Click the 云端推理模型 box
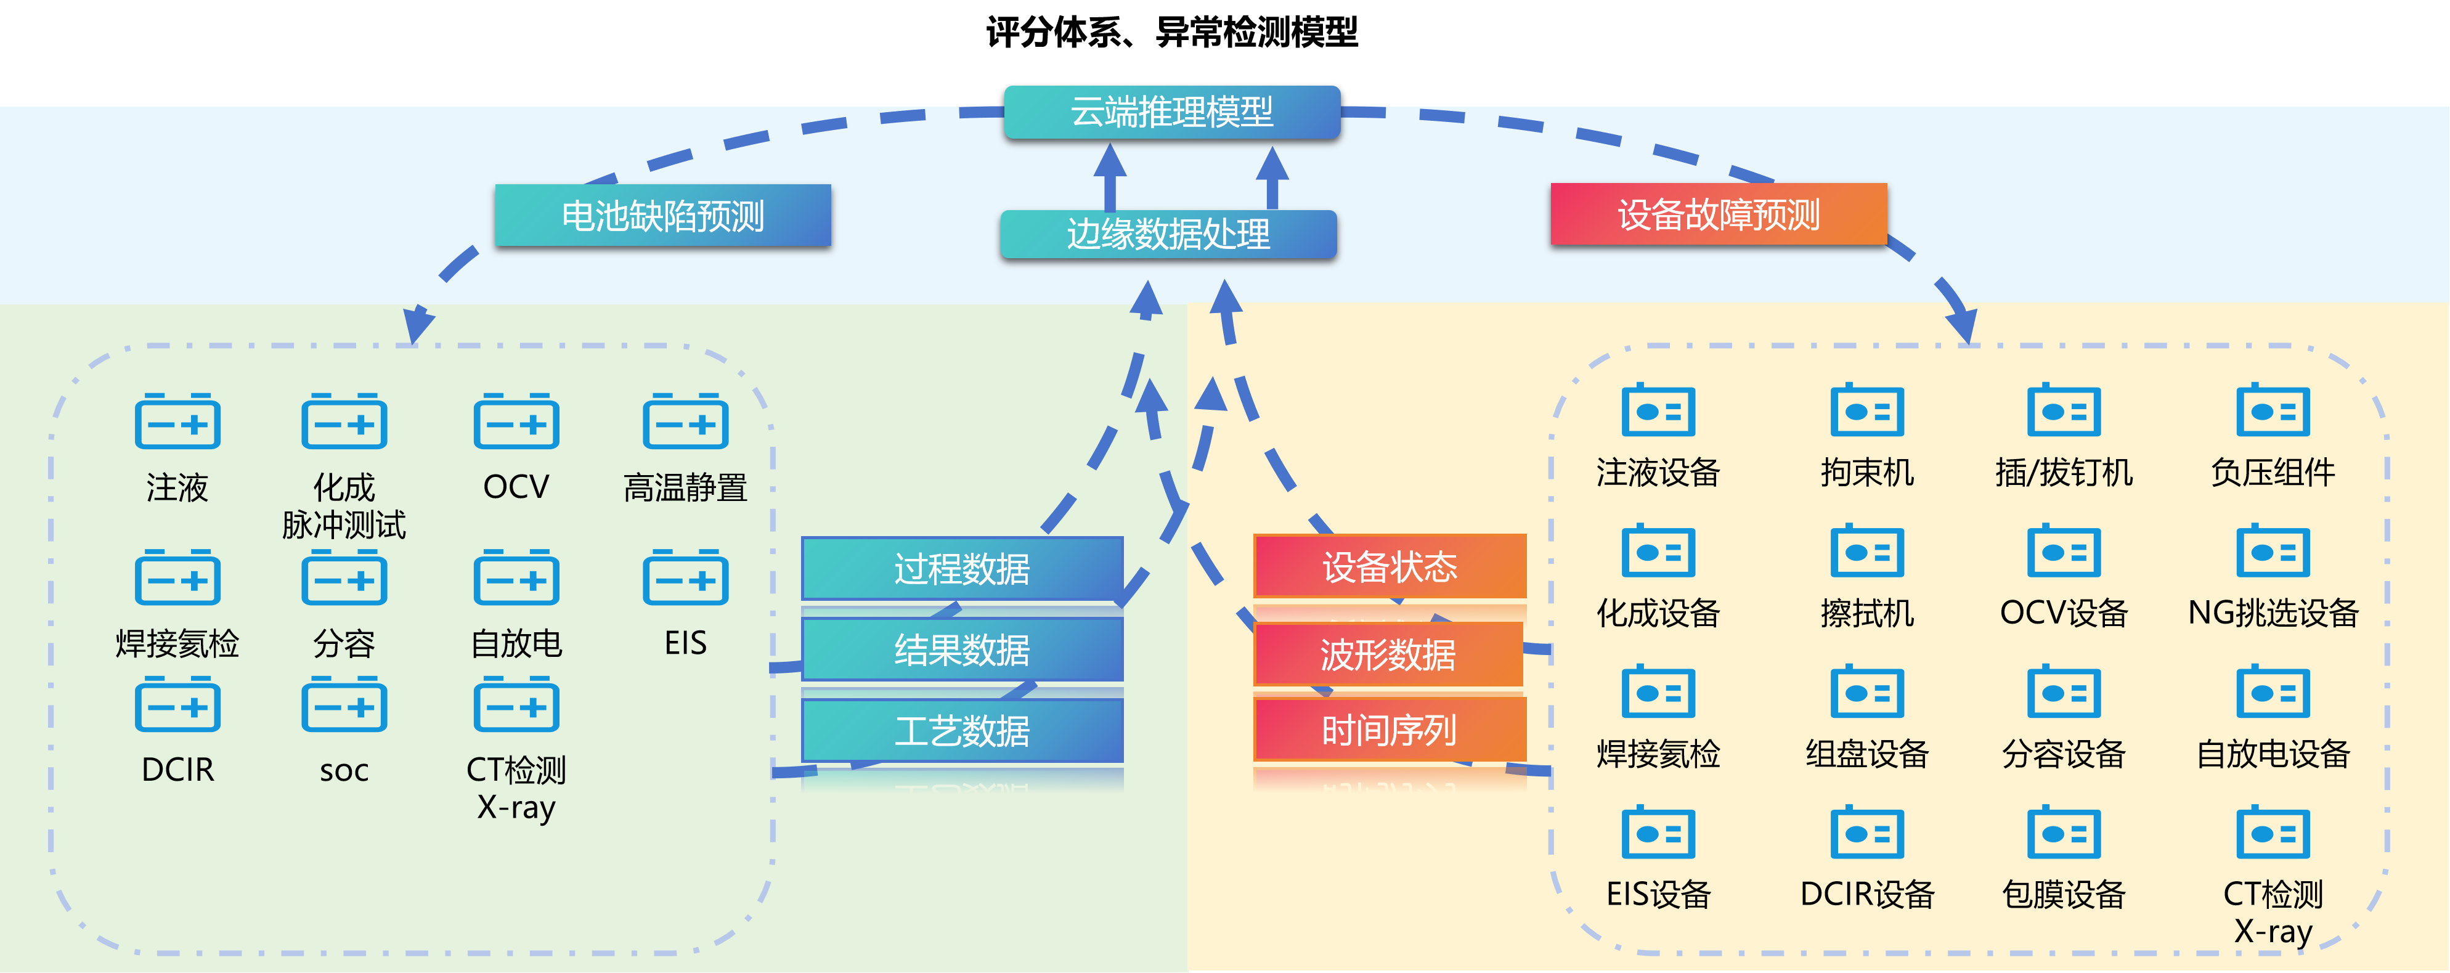click(x=1172, y=112)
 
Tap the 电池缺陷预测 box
click(x=663, y=216)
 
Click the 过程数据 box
click(x=962, y=569)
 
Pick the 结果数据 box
click(x=962, y=649)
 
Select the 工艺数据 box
click(x=962, y=730)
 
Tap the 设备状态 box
click(x=1390, y=567)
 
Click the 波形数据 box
click(x=1388, y=654)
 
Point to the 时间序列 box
click(x=1390, y=730)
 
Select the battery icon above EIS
click(x=686, y=577)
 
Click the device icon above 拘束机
click(x=1867, y=410)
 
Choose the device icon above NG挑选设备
click(x=2273, y=550)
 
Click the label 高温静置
click(x=686, y=487)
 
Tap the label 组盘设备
click(x=1867, y=753)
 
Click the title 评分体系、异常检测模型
click(x=1172, y=32)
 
